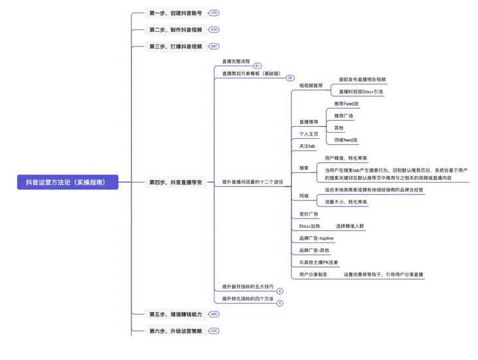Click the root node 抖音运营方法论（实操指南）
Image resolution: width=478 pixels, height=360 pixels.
[68, 182]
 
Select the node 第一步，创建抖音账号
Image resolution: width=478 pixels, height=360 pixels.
[175, 13]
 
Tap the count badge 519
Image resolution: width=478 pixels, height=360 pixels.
[214, 29]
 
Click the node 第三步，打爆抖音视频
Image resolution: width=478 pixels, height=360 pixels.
[175, 46]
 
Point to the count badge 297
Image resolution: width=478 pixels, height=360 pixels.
[214, 46]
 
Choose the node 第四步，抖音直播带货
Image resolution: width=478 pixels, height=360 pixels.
[178, 182]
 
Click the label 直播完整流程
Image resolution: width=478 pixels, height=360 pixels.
[236, 61]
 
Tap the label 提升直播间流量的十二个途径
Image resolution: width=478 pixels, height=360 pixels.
[252, 182]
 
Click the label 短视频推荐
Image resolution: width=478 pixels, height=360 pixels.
[311, 86]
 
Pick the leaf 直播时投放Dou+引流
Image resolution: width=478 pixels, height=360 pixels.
[361, 92]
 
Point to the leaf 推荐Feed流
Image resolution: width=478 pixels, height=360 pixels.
[347, 104]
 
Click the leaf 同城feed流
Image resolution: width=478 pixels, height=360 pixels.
[346, 140]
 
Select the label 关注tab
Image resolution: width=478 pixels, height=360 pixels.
[307, 146]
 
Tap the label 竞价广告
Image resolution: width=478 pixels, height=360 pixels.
[309, 214]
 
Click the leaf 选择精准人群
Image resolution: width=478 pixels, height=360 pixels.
[350, 226]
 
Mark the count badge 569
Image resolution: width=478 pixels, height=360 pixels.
[214, 314]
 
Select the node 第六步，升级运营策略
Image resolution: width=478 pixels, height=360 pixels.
[175, 330]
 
